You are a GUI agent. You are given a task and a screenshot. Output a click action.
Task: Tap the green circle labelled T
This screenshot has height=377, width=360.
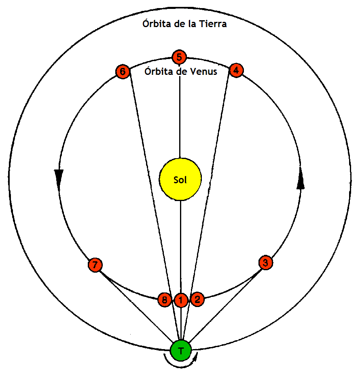(180, 350)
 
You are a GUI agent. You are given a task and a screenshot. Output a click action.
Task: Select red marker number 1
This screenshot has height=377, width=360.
(181, 300)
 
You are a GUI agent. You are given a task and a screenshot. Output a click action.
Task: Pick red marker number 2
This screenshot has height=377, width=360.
(197, 300)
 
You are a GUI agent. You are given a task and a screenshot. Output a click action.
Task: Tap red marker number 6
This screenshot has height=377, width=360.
(123, 72)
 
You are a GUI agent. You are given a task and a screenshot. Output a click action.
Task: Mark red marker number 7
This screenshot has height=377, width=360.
(95, 265)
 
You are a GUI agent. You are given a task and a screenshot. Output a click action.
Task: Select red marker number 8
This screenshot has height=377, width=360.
(164, 300)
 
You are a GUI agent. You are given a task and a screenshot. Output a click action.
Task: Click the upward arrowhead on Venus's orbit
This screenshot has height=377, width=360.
(300, 182)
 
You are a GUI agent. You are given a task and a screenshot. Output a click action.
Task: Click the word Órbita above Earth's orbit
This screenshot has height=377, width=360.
(155, 24)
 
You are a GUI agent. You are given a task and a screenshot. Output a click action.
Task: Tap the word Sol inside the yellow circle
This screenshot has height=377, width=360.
(180, 180)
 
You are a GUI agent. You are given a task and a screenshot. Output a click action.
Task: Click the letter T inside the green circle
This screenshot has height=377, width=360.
(180, 350)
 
